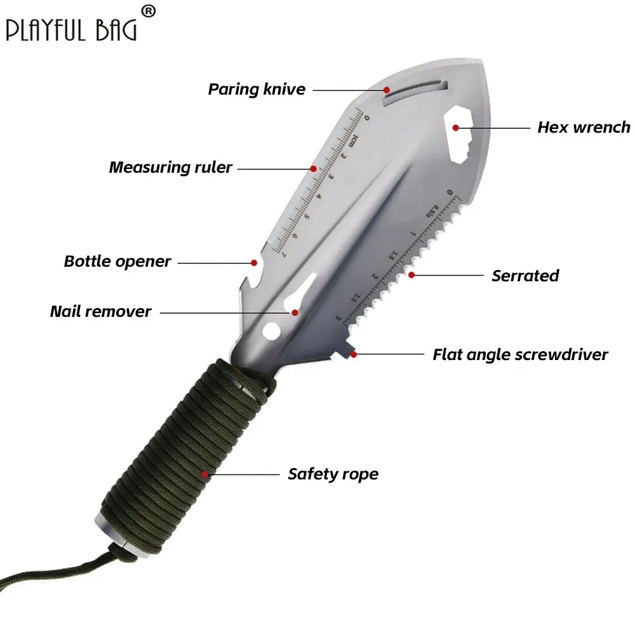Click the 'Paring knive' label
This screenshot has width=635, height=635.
click(257, 90)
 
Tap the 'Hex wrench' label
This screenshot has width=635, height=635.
click(584, 127)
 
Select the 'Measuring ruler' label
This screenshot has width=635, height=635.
click(170, 168)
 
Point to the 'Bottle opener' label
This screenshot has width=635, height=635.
click(117, 262)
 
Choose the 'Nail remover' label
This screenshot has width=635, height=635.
click(100, 312)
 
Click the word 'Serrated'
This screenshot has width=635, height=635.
click(525, 276)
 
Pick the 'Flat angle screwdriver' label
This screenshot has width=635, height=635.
click(520, 354)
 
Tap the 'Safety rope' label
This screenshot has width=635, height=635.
click(333, 474)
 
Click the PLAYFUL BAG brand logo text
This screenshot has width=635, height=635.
click(70, 29)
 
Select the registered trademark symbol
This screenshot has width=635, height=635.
click(147, 11)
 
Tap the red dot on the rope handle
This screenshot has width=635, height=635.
click(205, 474)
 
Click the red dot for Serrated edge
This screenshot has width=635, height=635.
click(412, 275)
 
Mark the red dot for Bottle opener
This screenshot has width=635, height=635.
click(254, 262)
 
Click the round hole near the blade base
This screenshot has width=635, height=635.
click(271, 331)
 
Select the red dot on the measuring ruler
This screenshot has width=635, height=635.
click(313, 168)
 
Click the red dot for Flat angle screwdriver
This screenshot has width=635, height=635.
click(354, 354)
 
